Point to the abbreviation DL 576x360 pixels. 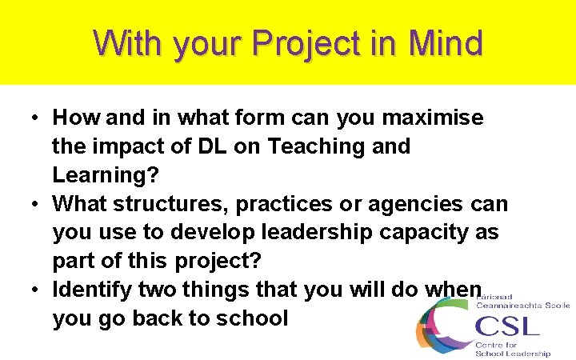coord(212,146)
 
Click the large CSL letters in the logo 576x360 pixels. coord(507,326)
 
